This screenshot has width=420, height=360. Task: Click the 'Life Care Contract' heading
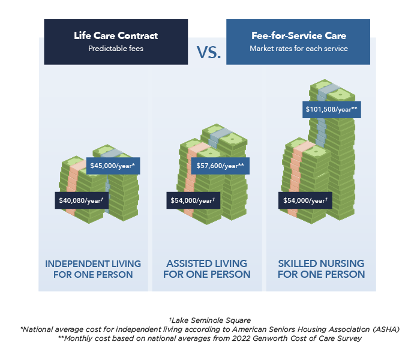(x=116, y=35)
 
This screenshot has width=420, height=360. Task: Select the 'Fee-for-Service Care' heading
(x=299, y=35)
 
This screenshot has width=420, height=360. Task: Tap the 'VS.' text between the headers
(x=209, y=53)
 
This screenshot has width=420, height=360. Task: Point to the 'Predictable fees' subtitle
(x=116, y=49)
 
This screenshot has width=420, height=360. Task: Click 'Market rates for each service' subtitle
(x=299, y=49)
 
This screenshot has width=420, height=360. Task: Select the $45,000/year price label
(x=113, y=166)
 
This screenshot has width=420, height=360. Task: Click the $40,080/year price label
(x=82, y=200)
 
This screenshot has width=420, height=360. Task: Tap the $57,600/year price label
(x=220, y=166)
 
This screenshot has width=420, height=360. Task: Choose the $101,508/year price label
(x=332, y=110)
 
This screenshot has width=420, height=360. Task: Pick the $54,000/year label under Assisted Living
(x=193, y=200)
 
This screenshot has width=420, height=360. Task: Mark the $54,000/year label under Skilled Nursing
(x=305, y=200)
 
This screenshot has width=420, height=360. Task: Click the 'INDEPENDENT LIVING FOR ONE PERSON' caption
(x=93, y=269)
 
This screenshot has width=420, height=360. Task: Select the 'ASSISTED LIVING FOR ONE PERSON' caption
(x=207, y=269)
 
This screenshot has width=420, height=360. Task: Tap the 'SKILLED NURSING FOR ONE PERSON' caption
(x=321, y=269)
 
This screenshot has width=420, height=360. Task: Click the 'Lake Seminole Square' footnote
(x=210, y=320)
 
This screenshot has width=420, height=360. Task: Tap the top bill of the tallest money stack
(x=332, y=90)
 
